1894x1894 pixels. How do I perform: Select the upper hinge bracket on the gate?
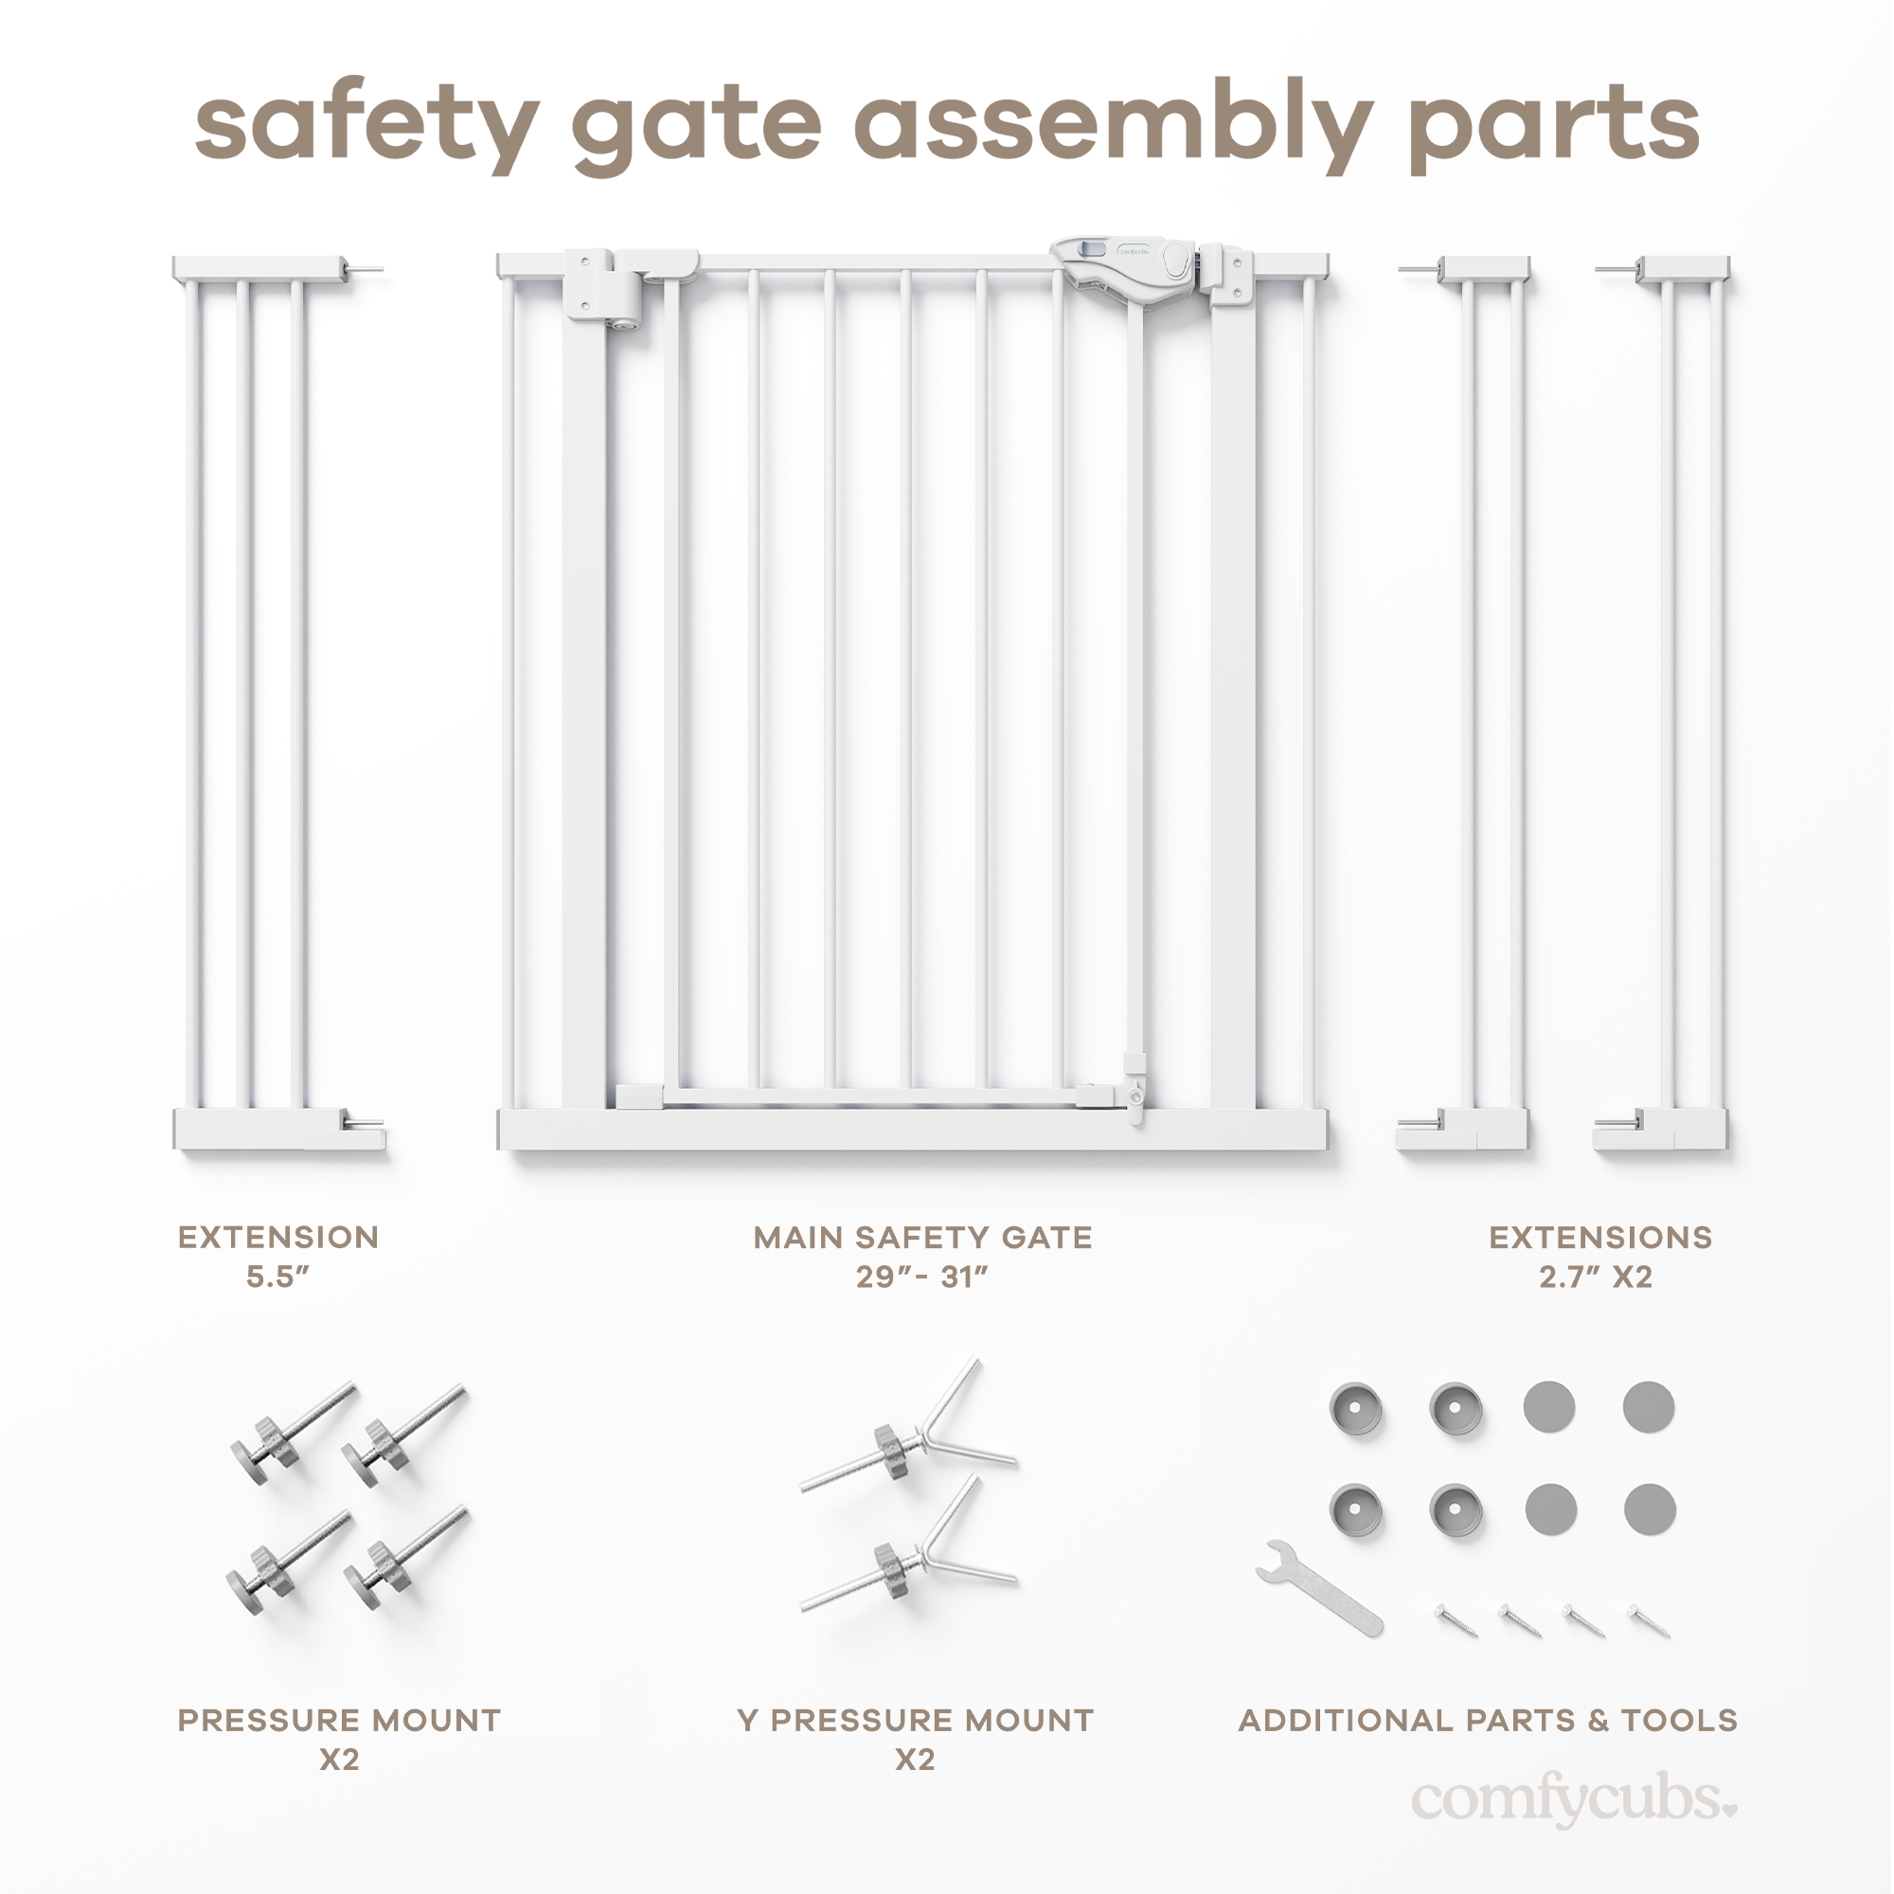603,284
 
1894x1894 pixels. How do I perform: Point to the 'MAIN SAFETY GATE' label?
921,1237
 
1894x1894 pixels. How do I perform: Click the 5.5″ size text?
277,1277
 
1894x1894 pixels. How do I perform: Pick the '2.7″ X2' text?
1595,1277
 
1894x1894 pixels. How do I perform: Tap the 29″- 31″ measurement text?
921,1277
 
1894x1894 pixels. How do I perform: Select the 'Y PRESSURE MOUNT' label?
915,1720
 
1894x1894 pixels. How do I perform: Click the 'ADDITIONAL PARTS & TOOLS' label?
1487,1720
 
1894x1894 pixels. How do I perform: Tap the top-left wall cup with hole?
1356,1409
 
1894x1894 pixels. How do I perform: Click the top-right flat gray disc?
1648,1407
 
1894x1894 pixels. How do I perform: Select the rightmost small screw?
1649,1619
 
